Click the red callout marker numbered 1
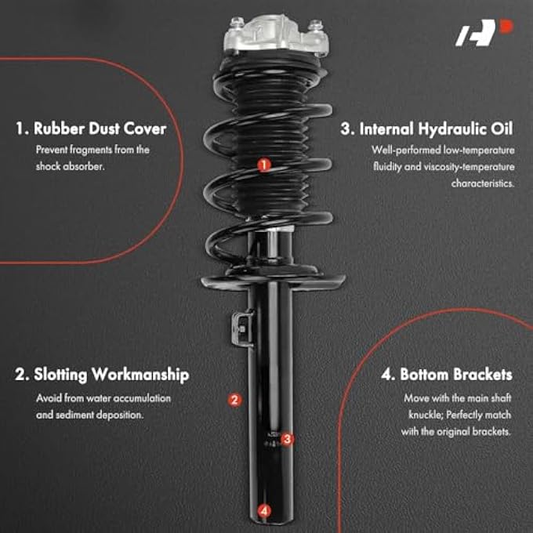click(x=264, y=165)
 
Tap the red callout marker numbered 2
click(x=234, y=400)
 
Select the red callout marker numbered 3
click(x=287, y=439)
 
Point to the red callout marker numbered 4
click(x=264, y=510)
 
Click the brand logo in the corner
click(x=484, y=33)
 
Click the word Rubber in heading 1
click(x=59, y=129)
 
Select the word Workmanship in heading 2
click(x=140, y=375)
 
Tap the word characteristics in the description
click(x=483, y=183)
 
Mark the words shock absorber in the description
click(x=70, y=166)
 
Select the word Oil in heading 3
click(x=501, y=129)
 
